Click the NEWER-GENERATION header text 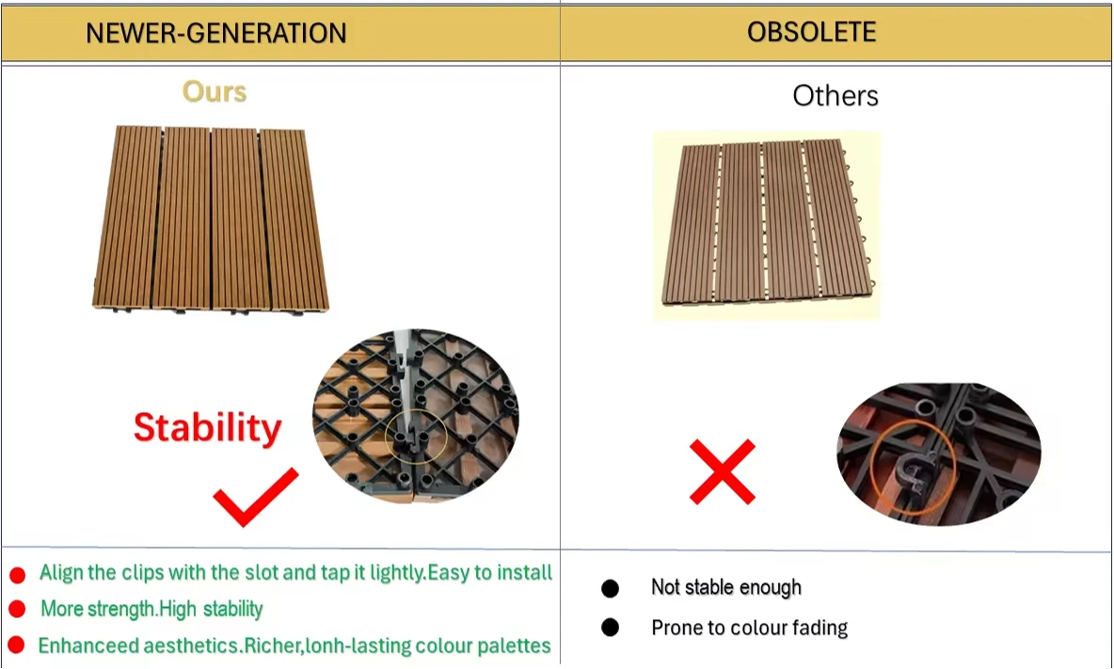215,34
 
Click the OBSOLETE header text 811,32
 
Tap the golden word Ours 215,91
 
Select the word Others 835,95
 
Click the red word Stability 207,427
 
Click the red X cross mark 723,470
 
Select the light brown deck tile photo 213,218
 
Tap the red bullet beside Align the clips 17,575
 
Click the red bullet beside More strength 17,610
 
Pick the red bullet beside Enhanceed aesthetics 16,645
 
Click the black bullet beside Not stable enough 610,589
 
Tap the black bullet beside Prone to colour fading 610,628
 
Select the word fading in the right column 822,628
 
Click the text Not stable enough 725,588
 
